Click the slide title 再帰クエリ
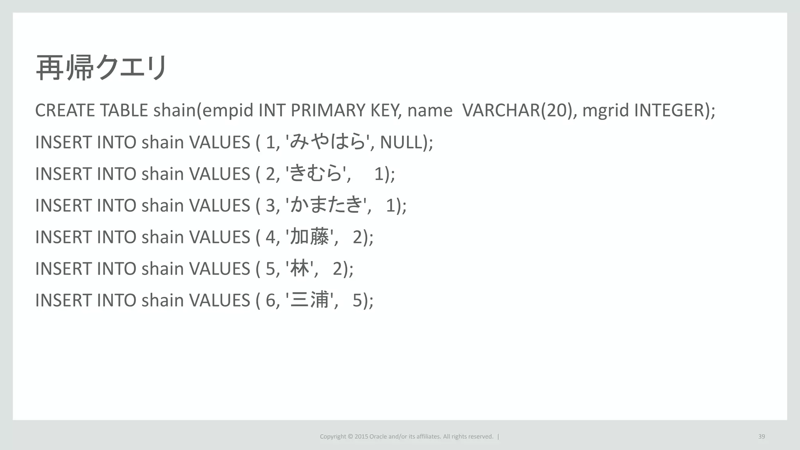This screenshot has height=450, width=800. tap(102, 68)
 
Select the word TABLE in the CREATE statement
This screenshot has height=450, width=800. tap(124, 111)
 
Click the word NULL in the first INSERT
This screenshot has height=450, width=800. tap(401, 142)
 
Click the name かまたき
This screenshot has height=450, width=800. tap(326, 205)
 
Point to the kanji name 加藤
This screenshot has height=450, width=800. tap(310, 237)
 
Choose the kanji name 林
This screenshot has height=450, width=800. tap(300, 269)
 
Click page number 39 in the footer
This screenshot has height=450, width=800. tap(761, 436)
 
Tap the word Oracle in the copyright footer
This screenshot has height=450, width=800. tap(378, 436)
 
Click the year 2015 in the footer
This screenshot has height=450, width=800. tap(361, 436)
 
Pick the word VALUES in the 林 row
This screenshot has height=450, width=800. tap(219, 269)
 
